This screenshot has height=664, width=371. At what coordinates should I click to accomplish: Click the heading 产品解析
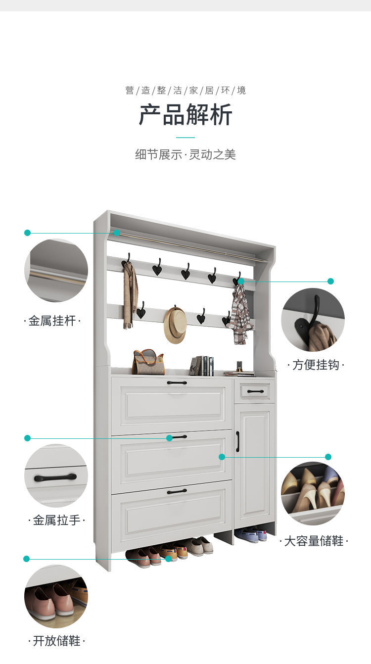(185, 115)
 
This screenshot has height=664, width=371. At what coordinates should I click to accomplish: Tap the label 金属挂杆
(52, 321)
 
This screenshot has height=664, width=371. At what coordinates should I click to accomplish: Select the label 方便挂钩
(316, 365)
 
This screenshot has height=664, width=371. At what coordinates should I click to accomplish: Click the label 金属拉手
(56, 520)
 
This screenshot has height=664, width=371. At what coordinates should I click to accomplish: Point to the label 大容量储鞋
(314, 541)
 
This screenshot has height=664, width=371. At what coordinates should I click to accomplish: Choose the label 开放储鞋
(56, 641)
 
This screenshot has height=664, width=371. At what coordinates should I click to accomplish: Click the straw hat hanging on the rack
(175, 325)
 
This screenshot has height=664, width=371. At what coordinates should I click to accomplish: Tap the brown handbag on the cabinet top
(148, 362)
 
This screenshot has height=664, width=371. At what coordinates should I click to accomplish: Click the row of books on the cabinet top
(202, 366)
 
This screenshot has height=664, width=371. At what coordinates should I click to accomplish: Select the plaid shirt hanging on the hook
(240, 314)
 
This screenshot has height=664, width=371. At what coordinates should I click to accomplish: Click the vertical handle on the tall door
(237, 442)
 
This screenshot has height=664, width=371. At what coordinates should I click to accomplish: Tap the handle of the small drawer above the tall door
(255, 391)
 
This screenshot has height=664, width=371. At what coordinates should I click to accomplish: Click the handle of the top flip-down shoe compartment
(177, 382)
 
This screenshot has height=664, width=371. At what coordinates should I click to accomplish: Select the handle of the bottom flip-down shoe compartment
(177, 492)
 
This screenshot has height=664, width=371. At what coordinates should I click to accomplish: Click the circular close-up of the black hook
(313, 320)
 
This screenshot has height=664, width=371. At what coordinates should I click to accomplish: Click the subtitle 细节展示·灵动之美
(185, 154)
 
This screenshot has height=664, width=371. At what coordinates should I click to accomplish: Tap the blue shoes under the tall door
(251, 534)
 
